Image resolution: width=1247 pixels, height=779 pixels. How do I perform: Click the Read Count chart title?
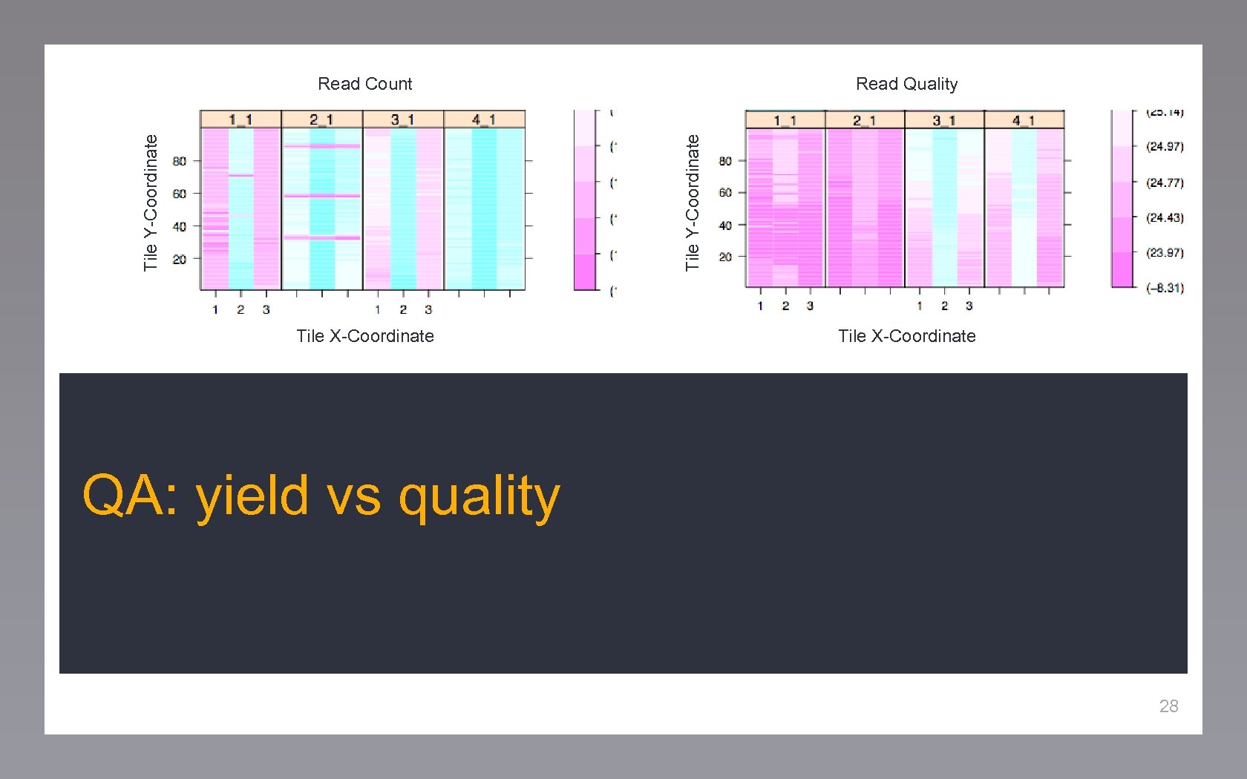(364, 84)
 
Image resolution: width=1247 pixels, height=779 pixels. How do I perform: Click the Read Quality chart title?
(906, 84)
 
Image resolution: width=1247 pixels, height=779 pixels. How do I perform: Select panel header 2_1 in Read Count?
(321, 119)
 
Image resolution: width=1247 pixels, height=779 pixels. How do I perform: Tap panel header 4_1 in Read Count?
(484, 119)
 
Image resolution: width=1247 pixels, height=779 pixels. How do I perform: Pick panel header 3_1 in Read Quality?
(943, 120)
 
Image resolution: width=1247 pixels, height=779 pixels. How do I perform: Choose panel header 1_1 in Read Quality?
(785, 120)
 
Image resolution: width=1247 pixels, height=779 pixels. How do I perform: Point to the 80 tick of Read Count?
(180, 161)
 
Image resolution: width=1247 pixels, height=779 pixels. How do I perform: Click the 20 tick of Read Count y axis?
(180, 260)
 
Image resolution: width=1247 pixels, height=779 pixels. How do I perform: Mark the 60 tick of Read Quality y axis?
(725, 193)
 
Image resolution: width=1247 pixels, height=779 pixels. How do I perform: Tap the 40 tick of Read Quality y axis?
(725, 226)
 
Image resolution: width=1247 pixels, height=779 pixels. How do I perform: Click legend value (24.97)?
(1165, 147)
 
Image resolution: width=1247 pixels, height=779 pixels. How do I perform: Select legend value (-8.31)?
(1165, 288)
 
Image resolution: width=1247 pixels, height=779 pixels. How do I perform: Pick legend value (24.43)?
(1165, 218)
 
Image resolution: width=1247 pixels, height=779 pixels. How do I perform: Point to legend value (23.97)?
(1165, 253)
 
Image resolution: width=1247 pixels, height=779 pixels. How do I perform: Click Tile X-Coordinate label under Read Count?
(364, 336)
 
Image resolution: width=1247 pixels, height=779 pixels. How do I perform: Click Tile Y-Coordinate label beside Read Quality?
(693, 203)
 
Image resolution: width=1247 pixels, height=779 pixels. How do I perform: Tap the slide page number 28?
(1168, 706)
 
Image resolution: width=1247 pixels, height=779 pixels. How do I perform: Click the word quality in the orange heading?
(479, 496)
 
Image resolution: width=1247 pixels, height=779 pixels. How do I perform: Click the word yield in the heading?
(252, 496)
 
